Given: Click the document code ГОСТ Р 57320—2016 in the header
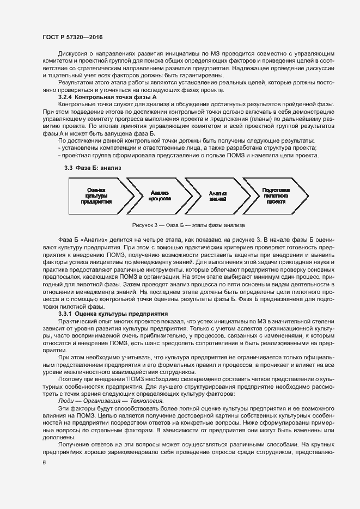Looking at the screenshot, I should tap(72, 37).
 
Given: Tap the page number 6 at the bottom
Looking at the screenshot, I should tap(44, 462).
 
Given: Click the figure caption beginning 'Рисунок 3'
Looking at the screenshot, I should tap(188, 225).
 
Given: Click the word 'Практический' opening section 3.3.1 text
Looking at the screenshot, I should tap(77, 322).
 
